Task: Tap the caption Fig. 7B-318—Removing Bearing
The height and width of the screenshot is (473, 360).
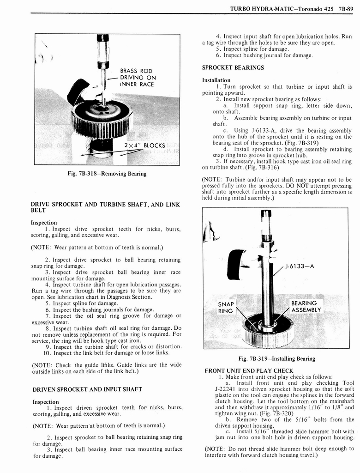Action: [x=107, y=174]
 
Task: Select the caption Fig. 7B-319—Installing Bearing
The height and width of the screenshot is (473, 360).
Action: [x=277, y=358]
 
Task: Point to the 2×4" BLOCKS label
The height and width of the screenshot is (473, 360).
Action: [x=145, y=146]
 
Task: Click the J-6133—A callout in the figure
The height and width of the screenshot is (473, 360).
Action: [x=300, y=266]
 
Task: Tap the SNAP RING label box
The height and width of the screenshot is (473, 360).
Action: [x=226, y=307]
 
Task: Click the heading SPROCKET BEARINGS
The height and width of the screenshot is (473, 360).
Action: [x=233, y=67]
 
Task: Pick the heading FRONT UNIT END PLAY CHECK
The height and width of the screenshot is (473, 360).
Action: [x=249, y=370]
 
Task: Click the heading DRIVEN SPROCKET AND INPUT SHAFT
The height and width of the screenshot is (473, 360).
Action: [x=87, y=389]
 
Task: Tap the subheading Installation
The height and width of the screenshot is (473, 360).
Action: [x=216, y=80]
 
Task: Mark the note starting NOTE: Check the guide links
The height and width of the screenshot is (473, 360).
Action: [x=106, y=368]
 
